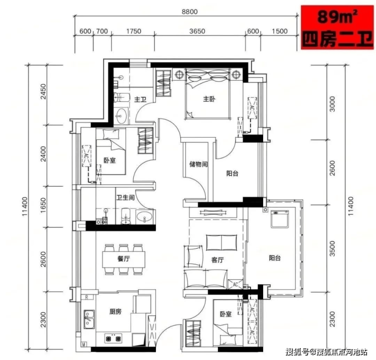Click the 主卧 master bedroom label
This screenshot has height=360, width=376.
[x=209, y=99]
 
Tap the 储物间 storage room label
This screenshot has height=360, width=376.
[x=198, y=164]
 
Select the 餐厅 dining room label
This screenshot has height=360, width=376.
[x=124, y=259]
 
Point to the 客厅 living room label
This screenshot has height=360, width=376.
[x=217, y=260]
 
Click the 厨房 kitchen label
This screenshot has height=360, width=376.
[x=115, y=312]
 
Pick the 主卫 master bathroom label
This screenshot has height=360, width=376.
[x=140, y=99]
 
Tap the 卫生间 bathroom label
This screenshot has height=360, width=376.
[x=126, y=197]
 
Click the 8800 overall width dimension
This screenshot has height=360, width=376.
[x=190, y=12]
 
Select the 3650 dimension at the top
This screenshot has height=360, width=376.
[x=197, y=31]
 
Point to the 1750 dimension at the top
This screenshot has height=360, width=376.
[x=134, y=31]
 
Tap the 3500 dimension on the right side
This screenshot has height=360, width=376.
[x=332, y=249]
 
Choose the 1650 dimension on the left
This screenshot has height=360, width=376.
[x=43, y=205]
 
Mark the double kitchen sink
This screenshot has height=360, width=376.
[x=89, y=319]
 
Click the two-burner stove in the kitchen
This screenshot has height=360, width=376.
[x=113, y=339]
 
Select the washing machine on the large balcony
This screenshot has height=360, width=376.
[x=279, y=219]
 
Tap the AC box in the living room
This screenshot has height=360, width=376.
[x=235, y=284]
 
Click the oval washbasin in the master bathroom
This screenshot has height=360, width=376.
[x=121, y=115]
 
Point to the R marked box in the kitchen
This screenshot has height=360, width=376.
[x=87, y=297]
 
